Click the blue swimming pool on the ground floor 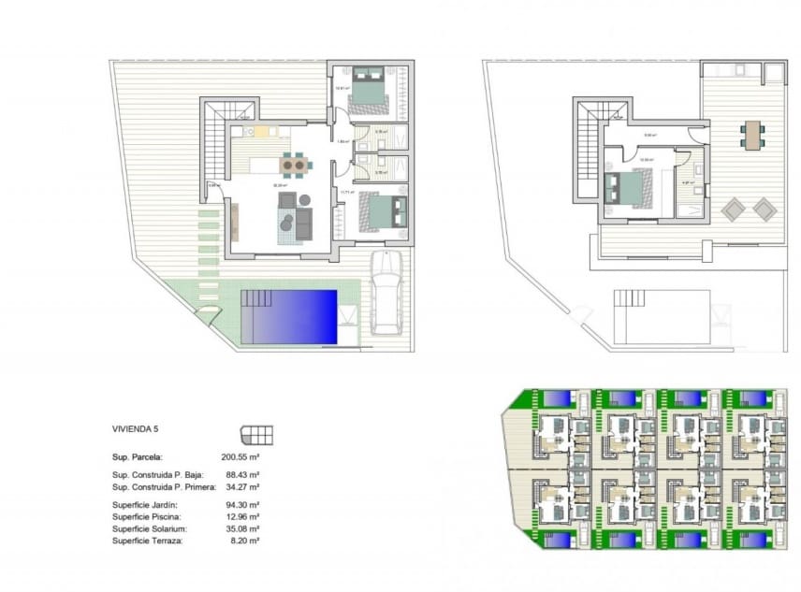pos(289,316)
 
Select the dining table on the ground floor pos(295,166)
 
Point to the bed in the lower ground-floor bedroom pos(385,211)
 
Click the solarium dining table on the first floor pos(752,134)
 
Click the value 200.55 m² pos(240,457)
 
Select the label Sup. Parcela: pos(138,457)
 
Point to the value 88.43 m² pos(241,475)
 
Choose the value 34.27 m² pos(241,487)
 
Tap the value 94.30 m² pos(241,505)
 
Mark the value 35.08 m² pos(241,528)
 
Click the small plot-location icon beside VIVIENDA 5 pos(256,434)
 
